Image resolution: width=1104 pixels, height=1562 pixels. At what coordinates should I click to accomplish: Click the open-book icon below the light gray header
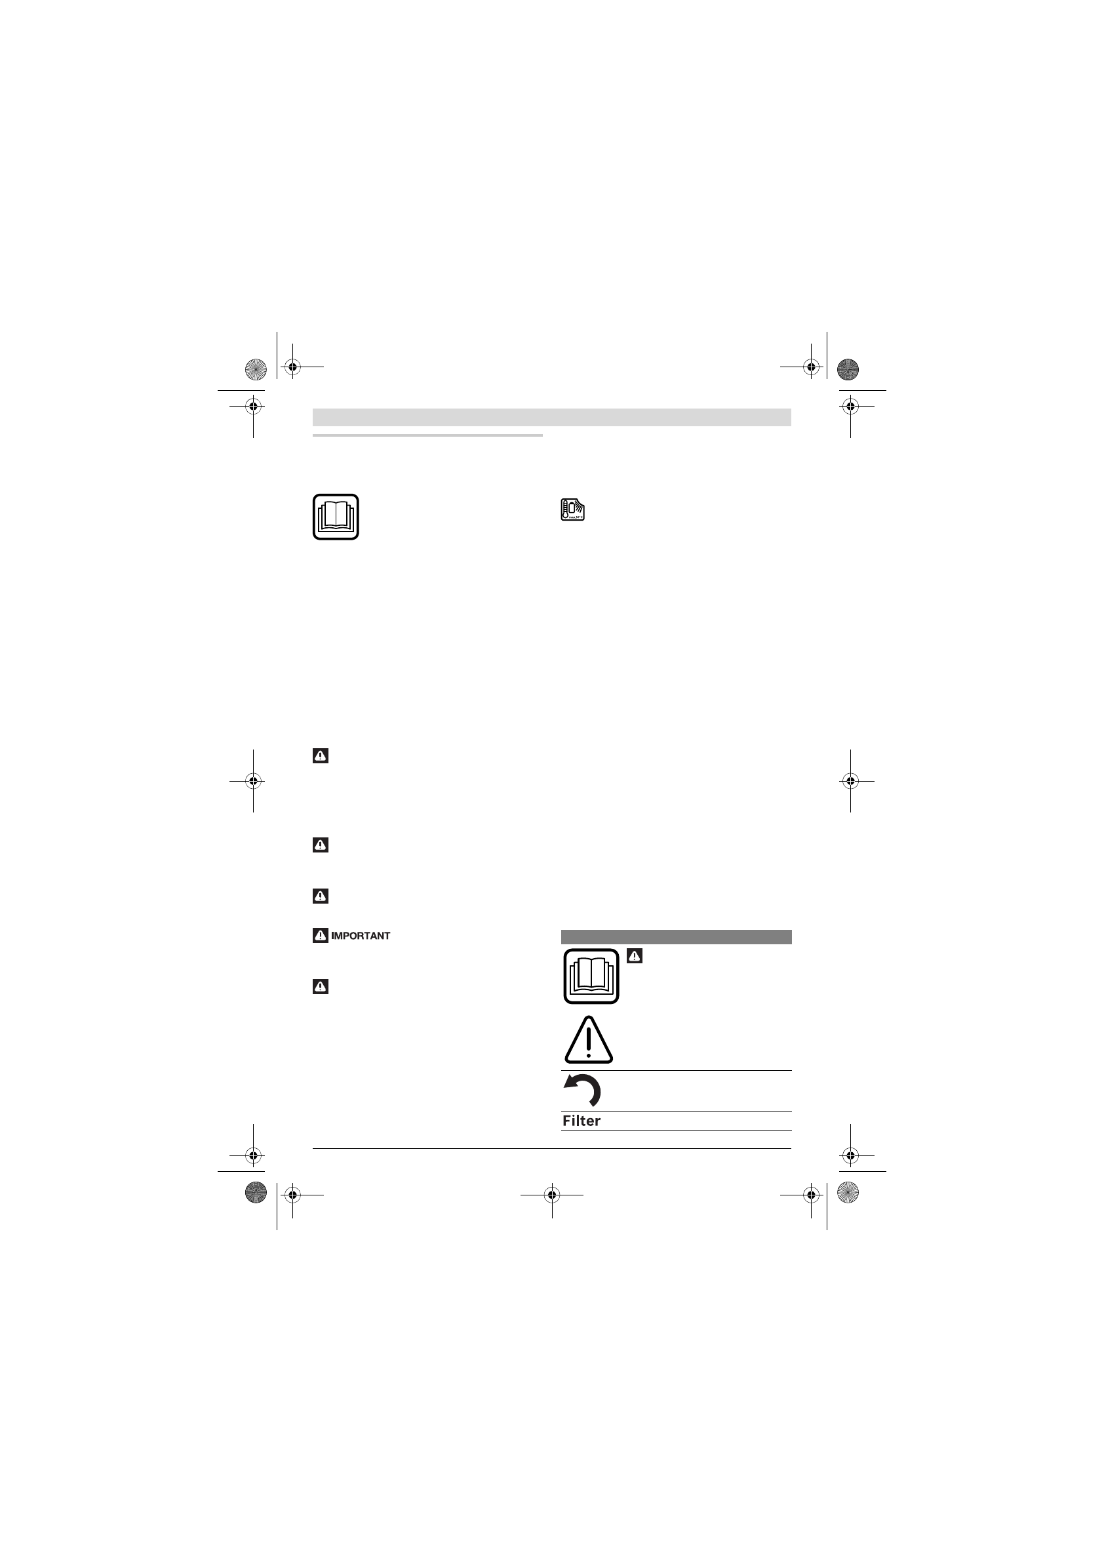point(336,517)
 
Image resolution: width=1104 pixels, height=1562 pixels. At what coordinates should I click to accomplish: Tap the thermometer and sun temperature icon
point(573,510)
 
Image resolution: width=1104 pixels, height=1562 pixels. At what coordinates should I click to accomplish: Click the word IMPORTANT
point(361,936)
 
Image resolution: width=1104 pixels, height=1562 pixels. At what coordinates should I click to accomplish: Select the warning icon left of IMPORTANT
point(321,936)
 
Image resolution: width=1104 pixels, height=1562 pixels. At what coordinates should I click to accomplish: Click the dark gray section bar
point(676,937)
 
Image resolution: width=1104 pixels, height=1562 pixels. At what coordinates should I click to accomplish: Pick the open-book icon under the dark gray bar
point(591,976)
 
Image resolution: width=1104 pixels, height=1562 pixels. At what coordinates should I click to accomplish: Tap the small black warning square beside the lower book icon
point(635,956)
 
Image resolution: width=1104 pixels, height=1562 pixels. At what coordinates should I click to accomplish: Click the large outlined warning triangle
point(589,1040)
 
